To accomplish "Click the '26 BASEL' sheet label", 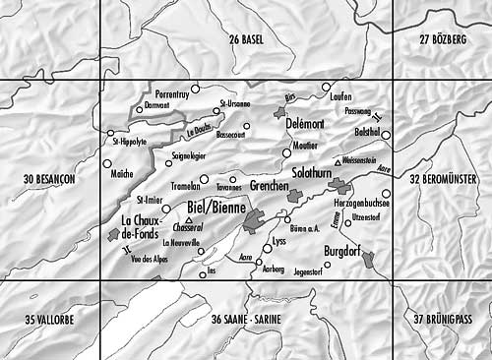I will coord(246,38).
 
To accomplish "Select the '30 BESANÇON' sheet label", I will coord(48,179).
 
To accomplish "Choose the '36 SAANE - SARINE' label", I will coord(246,320).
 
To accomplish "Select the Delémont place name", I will coord(305,126).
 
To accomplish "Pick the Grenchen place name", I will coord(269,186).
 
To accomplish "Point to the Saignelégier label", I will coord(190,155).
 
